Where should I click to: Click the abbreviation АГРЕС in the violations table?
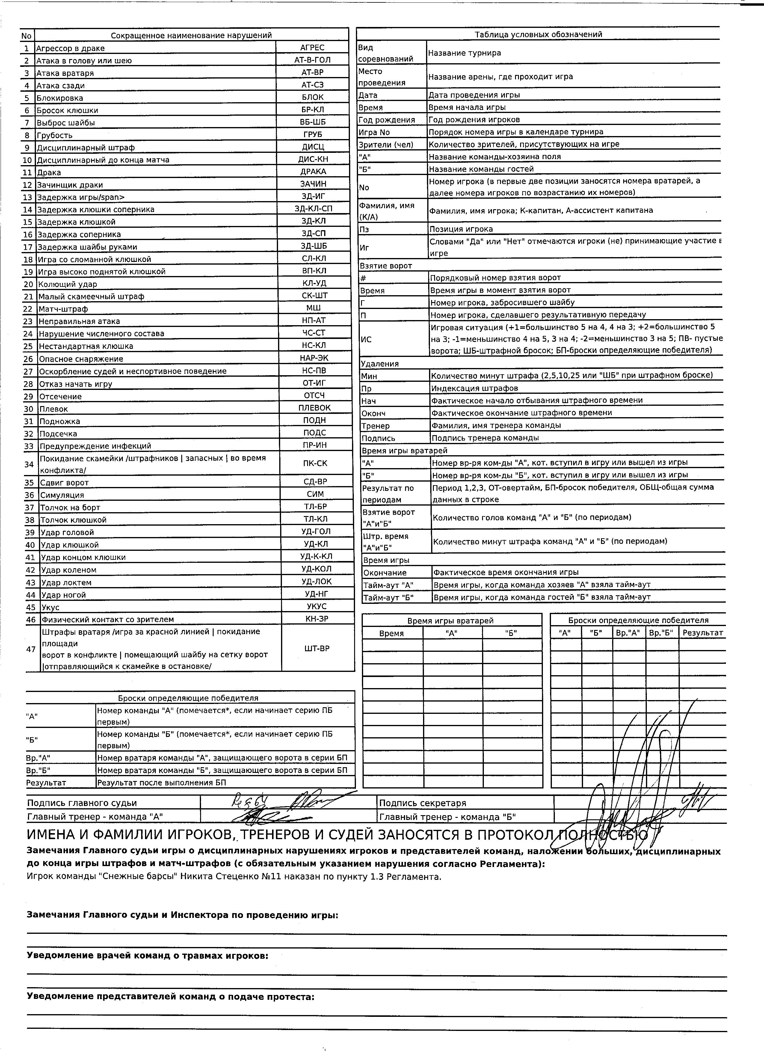[312, 47]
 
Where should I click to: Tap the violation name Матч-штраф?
[63, 309]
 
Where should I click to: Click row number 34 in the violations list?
[29, 464]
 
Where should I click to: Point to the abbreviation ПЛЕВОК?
[315, 408]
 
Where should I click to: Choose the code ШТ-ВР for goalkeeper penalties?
[317, 648]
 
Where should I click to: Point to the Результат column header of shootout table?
[702, 633]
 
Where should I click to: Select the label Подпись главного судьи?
[82, 803]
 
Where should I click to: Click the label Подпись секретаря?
[422, 803]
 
